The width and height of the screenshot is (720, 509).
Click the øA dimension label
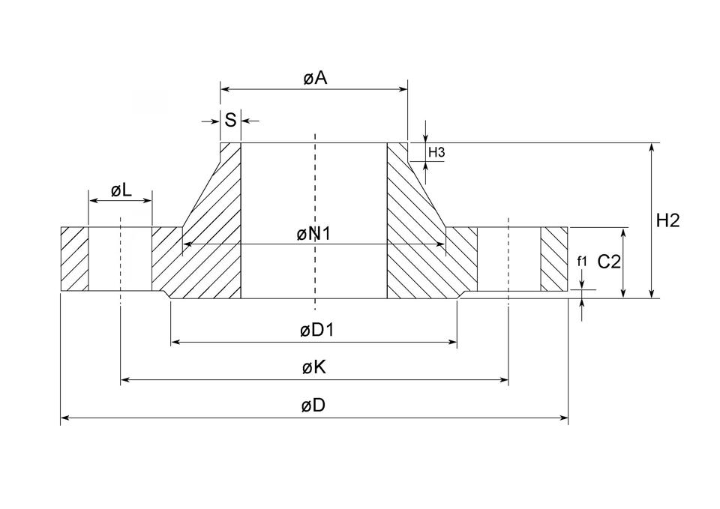316,78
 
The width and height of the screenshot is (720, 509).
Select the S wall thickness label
230,120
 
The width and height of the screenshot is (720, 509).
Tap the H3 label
436,153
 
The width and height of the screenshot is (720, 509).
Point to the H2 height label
667,220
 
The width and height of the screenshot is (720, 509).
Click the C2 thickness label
608,262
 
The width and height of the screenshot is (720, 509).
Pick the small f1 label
582,262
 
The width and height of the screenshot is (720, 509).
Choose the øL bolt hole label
121,190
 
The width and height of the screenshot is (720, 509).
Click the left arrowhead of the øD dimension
64,418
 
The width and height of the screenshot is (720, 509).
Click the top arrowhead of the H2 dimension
652,147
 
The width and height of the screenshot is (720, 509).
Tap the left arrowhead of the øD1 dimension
175,343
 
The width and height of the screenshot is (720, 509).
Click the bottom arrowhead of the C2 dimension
622,294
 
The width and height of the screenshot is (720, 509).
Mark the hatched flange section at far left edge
74,259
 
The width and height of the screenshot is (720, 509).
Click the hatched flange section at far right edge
555,259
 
